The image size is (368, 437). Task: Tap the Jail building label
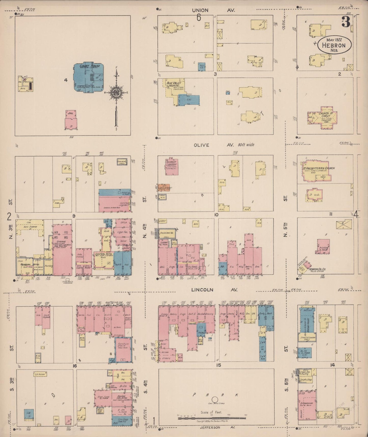tap(71, 113)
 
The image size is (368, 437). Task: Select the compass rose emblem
tap(116, 92)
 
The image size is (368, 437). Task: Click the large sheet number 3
tap(346, 22)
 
